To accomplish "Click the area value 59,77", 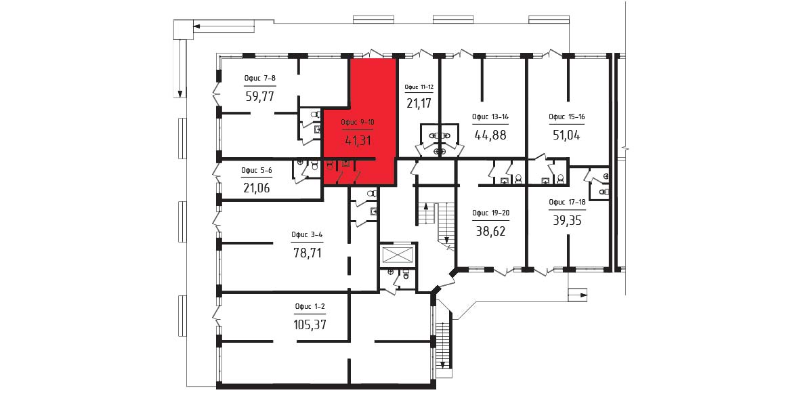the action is [x=260, y=96].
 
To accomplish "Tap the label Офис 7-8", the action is [x=260, y=79].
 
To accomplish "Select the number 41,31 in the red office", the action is [x=358, y=140].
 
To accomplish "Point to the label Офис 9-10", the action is [x=358, y=123].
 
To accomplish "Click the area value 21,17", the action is [x=419, y=104].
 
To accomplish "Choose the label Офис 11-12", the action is [x=419, y=87].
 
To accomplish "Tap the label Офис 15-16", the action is [x=567, y=117].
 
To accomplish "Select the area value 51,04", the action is [x=567, y=135].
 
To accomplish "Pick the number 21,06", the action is [x=256, y=188].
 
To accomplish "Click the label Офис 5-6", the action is [x=256, y=171].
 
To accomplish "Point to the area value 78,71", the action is [x=308, y=252].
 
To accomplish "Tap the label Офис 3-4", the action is [x=307, y=235].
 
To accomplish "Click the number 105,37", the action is [x=310, y=324].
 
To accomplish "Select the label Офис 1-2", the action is [x=310, y=307].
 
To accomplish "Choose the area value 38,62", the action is [x=490, y=231].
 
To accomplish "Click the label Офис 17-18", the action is [x=567, y=202].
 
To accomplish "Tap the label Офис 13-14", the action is [x=490, y=117].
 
